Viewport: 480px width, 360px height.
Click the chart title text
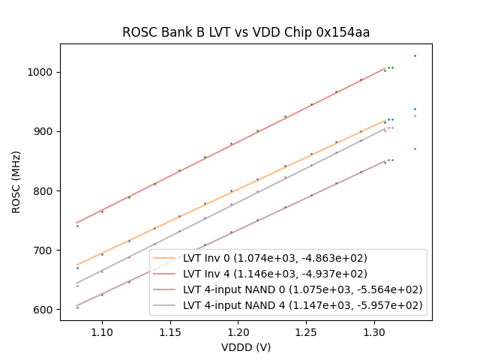246,33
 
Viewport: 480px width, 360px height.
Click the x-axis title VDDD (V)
246,347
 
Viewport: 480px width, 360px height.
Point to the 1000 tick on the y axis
42,72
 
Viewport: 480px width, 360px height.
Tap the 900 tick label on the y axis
45,131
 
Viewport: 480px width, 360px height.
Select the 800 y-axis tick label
45,190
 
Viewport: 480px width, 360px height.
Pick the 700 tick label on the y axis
45,250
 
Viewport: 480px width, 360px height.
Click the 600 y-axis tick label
45,309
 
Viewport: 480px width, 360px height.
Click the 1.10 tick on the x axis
102,330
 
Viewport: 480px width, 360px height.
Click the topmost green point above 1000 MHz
415,55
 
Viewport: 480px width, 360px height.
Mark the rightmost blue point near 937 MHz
415,109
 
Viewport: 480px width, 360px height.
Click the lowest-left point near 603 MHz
77,307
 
